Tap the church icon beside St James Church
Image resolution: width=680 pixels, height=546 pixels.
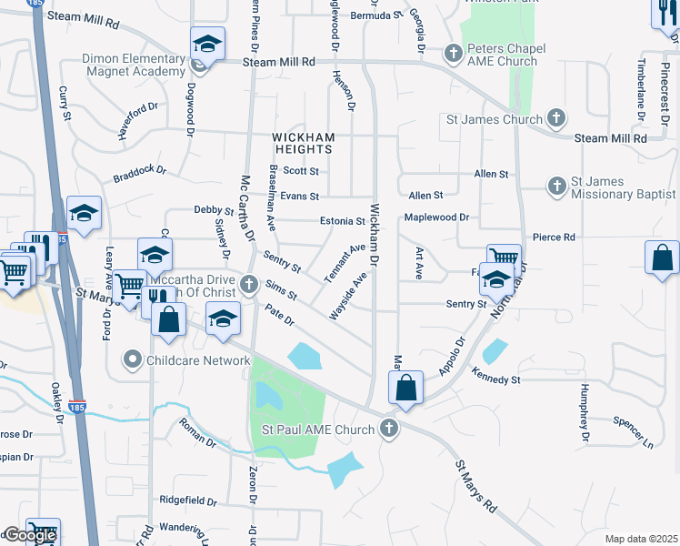(555, 118)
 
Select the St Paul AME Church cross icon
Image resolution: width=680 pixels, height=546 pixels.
(390, 428)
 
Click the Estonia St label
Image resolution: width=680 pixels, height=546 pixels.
(342, 221)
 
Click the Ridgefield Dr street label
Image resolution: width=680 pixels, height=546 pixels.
(188, 500)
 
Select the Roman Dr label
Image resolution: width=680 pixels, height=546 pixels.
(198, 430)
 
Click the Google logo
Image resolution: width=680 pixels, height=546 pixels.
(29, 535)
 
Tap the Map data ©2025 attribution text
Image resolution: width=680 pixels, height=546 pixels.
(641, 539)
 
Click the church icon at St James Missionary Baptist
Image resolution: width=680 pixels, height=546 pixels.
(556, 187)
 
